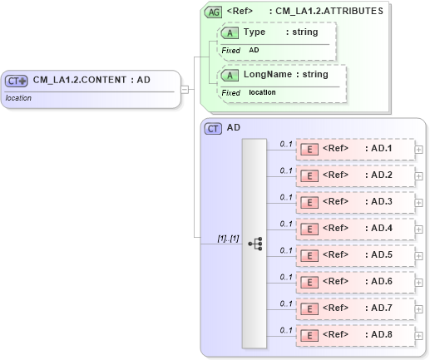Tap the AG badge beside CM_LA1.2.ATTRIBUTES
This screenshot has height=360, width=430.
pos(214,12)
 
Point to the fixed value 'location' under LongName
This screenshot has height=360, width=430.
pos(263,92)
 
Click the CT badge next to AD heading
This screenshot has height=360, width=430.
pos(214,128)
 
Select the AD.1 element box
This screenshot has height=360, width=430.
pos(355,149)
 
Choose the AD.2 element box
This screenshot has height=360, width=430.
pos(355,175)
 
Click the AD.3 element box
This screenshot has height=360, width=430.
pos(355,202)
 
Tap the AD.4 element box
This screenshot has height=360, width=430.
pos(355,229)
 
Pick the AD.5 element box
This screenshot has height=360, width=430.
pos(355,255)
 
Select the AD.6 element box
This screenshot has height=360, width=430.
pos(355,282)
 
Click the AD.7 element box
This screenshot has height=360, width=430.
pos(355,308)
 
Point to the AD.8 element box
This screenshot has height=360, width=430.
pos(355,335)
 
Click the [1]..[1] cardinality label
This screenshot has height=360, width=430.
pos(228,239)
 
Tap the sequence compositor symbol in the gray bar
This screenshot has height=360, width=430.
pos(255,244)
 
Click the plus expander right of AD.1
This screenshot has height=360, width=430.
pos(418,150)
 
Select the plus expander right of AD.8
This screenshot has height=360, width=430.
pos(418,336)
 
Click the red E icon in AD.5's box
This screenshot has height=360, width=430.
pos(309,255)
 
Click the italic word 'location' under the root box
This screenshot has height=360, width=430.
pos(18,98)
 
